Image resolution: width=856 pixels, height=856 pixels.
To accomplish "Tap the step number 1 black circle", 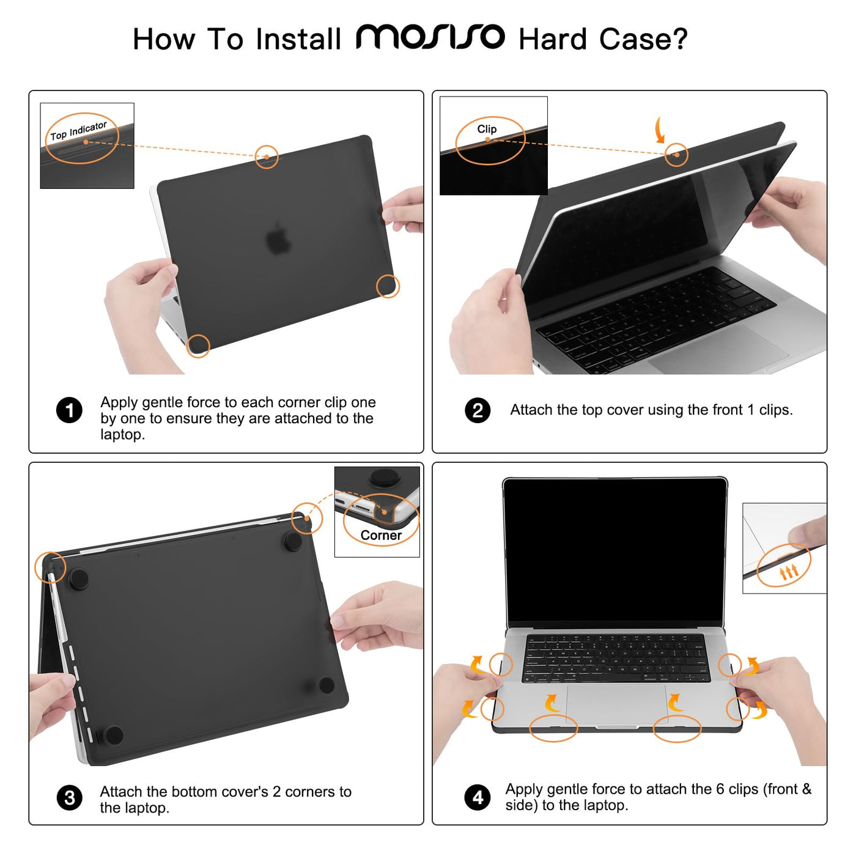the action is click(69, 410).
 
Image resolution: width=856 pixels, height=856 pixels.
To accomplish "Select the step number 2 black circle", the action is click(478, 410).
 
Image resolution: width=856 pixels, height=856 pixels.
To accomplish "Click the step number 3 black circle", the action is click(69, 797).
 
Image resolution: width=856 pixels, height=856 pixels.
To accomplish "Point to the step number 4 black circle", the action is click(478, 797).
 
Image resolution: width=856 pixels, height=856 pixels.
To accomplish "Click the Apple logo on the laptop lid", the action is click(278, 238).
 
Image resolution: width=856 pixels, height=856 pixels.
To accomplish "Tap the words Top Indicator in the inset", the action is click(79, 131).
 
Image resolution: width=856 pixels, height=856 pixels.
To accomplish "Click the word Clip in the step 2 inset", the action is click(487, 129).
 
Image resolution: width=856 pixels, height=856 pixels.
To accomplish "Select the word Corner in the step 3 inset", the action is click(381, 535).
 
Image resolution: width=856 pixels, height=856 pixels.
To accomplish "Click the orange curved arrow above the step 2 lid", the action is click(660, 130).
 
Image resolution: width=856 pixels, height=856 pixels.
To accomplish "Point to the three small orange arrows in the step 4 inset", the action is click(789, 572).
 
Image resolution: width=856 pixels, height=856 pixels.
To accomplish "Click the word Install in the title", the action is click(298, 39).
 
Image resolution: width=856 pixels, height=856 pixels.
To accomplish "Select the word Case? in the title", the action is click(643, 39).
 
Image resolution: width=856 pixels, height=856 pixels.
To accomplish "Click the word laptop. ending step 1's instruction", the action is click(123, 435).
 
